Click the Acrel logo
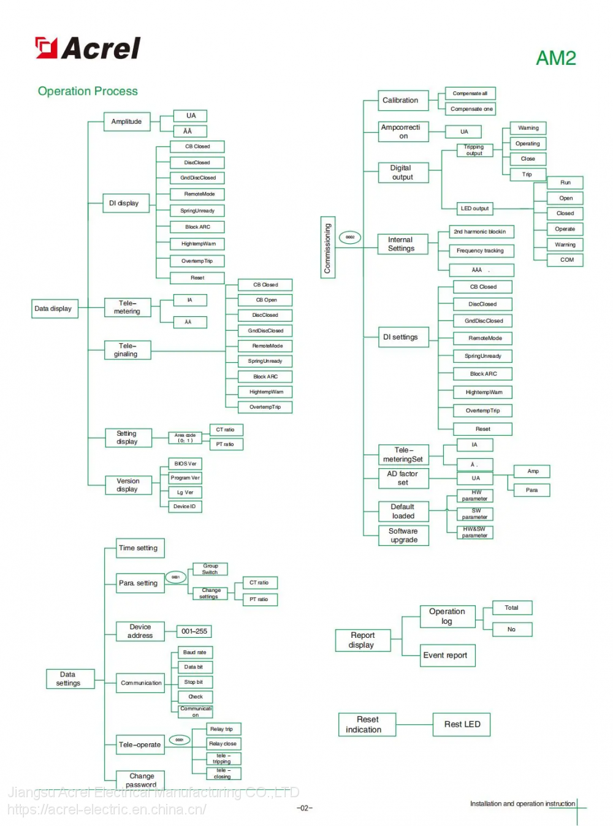tap(88, 48)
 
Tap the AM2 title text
tap(555, 58)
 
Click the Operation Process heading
tap(88, 91)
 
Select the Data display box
tap(54, 309)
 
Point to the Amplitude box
tap(126, 122)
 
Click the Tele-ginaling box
tap(126, 350)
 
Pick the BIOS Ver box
tap(185, 464)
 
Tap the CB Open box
tap(265, 300)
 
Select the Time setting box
tap(139, 548)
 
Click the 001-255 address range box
tap(194, 631)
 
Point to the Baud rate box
tap(195, 653)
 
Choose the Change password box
tap(141, 780)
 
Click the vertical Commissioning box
tap(327, 248)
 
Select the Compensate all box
tap(470, 94)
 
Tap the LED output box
tap(474, 209)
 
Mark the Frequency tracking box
tap(480, 251)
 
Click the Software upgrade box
tap(403, 536)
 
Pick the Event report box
tap(447, 656)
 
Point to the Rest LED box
tap(462, 724)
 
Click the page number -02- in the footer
tap(305, 808)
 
